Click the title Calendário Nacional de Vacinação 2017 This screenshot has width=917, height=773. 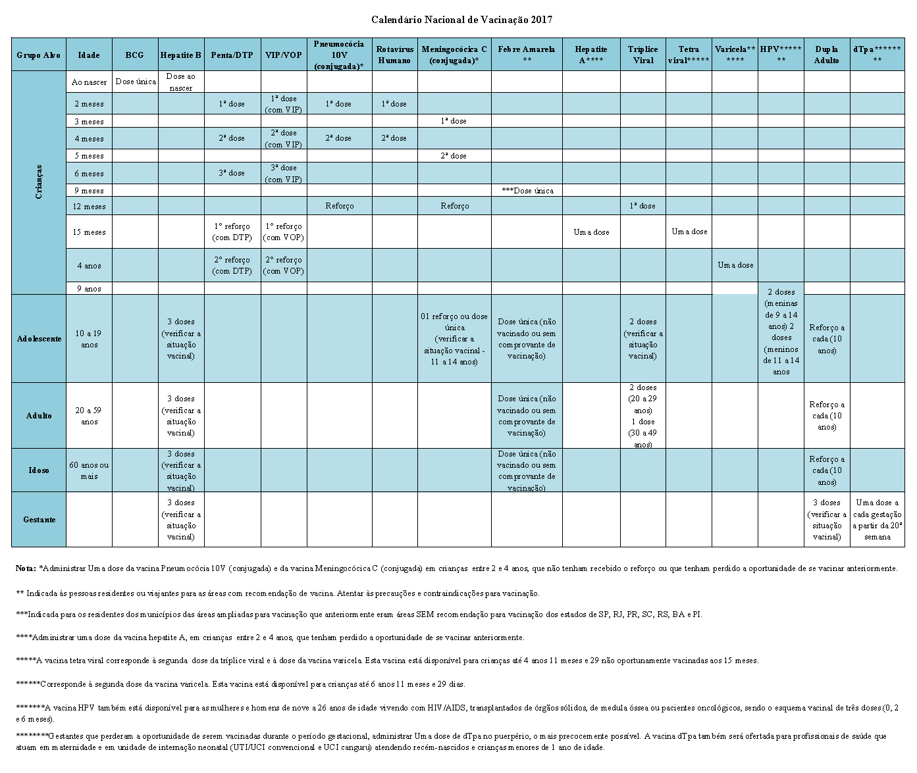pos(461,20)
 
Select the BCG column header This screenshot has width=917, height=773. pos(134,55)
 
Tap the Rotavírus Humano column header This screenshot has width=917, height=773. pos(394,55)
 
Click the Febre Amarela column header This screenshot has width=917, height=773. pos(527,55)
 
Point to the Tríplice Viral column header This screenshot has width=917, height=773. pos(642,55)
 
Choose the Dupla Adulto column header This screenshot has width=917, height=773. pos(826,55)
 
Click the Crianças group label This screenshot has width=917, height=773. pos(39,182)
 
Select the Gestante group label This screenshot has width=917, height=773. pos(39,520)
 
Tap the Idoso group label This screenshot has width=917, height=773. pos(39,470)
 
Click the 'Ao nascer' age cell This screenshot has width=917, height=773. pos(89,82)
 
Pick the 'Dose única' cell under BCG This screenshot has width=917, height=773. pos(135,82)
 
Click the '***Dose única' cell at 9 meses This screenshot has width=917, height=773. pos(527,191)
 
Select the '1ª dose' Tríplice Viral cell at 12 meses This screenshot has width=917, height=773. pos(642,206)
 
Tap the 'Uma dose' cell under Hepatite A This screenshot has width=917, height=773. pos(591,232)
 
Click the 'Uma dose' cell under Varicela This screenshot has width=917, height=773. pos(735,265)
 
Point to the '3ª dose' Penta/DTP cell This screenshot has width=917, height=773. pos(232,173)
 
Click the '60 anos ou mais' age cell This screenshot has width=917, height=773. pos(89,470)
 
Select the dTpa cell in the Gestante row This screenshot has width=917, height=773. pos(877,520)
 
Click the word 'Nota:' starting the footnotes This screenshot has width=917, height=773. pos(26,568)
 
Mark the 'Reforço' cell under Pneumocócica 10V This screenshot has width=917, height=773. pos(339,206)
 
